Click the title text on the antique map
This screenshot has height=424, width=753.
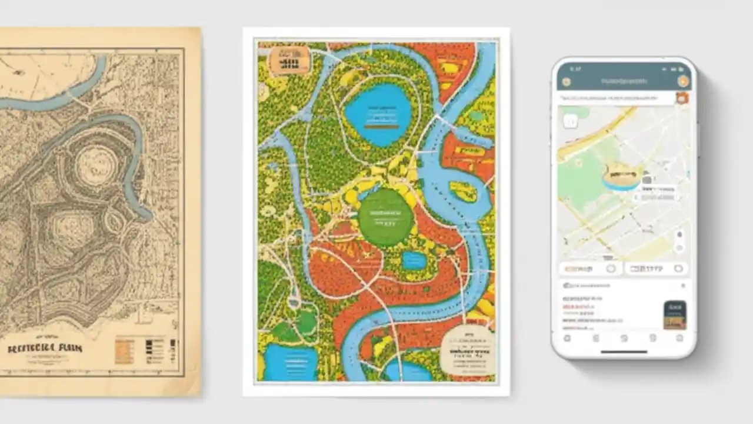coord(45,347)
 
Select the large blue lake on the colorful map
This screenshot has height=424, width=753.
coord(377,114)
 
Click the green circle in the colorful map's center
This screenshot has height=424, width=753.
coord(385,217)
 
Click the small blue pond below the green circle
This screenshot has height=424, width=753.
coord(415,261)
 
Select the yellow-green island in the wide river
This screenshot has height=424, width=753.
coord(464,191)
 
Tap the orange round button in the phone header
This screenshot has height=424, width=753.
coord(683,81)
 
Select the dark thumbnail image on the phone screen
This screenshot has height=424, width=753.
coord(675,314)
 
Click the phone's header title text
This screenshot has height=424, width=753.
coord(624,81)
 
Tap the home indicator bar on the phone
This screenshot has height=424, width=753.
coord(624,352)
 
